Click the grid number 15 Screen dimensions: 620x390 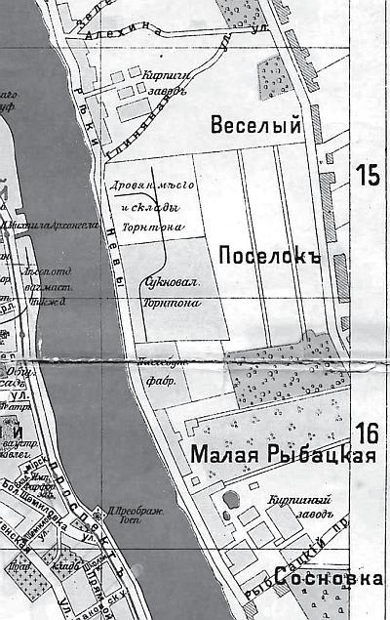[368, 176]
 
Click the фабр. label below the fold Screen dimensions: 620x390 [160, 383]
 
